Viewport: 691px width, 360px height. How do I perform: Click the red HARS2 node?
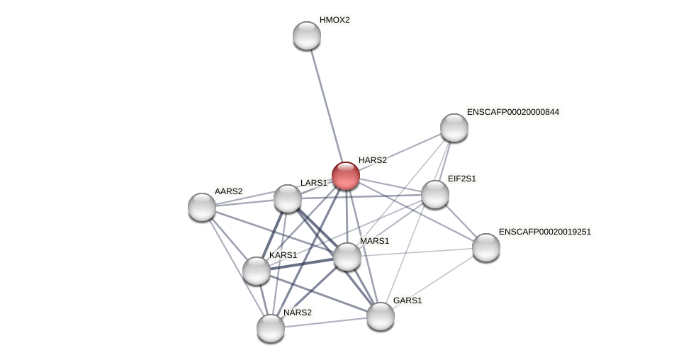click(x=346, y=176)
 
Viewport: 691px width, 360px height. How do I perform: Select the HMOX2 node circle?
click(x=307, y=35)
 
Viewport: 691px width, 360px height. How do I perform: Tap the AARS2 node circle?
click(x=202, y=207)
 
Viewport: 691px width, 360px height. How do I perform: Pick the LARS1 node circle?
click(x=288, y=199)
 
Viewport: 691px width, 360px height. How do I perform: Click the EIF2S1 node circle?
click(x=435, y=194)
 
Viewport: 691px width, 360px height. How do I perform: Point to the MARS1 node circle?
click(x=347, y=257)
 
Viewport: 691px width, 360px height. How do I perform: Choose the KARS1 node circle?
click(x=257, y=271)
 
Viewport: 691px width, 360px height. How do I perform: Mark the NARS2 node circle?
click(x=271, y=328)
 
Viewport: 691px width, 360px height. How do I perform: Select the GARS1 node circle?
click(x=381, y=316)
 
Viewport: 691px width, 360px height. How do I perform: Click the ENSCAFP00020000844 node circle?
click(x=454, y=128)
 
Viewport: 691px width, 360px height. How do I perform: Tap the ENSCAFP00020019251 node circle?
click(x=486, y=247)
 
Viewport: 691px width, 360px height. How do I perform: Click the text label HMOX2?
click(x=335, y=20)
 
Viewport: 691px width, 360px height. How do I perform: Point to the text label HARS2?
click(x=373, y=160)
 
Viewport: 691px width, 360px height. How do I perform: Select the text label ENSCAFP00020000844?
click(x=512, y=112)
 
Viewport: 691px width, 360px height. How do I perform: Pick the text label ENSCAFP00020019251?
click(x=544, y=232)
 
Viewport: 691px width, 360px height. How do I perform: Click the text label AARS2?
click(x=228, y=191)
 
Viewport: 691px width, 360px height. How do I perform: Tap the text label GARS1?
click(x=408, y=300)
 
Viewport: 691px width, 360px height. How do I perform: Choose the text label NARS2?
click(x=298, y=313)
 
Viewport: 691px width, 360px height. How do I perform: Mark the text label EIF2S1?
click(x=462, y=179)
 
